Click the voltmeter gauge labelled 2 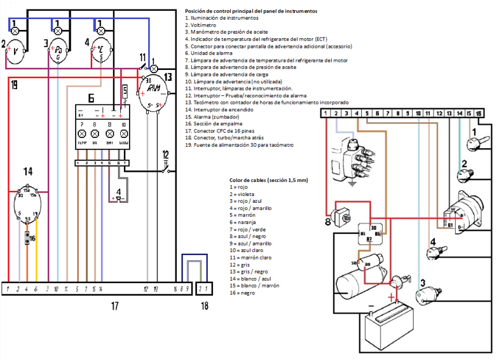click(15, 53)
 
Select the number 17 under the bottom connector click(114, 307)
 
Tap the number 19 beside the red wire click(14, 85)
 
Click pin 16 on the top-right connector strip click(479, 113)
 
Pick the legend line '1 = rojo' click(240, 188)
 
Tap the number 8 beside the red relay click(328, 223)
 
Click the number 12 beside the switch click(165, 154)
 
